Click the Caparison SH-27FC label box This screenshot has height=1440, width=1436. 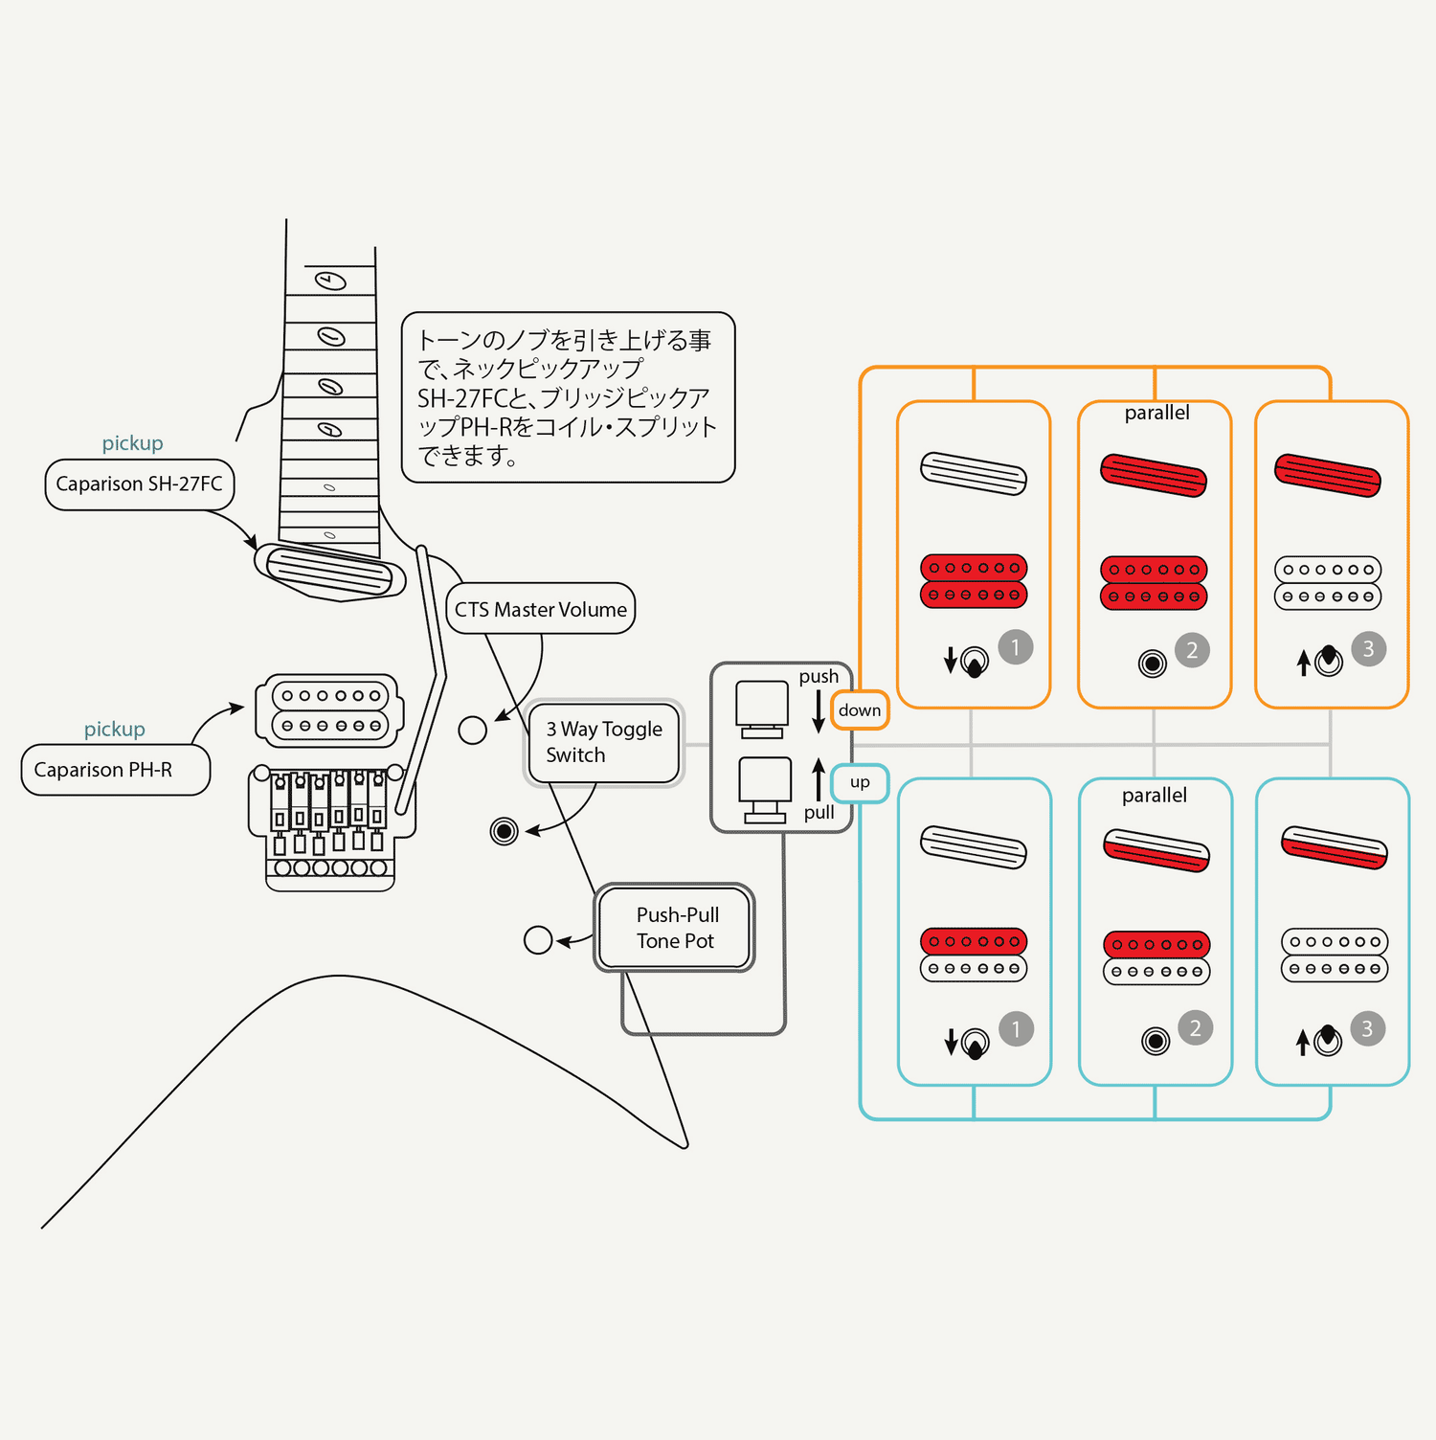140,484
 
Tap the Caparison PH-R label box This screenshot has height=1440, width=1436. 115,770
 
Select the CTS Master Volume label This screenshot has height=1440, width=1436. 541,609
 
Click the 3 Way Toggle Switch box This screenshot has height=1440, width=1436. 604,742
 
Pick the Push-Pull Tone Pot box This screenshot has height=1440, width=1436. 676,928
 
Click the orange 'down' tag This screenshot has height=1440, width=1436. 860,710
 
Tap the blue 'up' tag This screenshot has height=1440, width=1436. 860,782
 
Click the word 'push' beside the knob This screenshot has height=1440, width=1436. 819,676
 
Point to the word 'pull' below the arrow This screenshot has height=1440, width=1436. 819,813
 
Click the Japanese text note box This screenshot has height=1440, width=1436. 568,397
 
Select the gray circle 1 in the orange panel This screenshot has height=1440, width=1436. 1016,647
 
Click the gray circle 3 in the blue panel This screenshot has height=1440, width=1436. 1367,1028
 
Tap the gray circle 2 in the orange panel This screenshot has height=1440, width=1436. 1192,650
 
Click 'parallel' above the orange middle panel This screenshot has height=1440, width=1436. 1156,413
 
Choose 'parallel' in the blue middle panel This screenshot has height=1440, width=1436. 1155,796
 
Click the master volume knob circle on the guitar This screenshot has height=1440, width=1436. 473,731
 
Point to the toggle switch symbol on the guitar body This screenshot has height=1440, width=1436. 504,831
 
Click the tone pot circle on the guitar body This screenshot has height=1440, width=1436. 538,940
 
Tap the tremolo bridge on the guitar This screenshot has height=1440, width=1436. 330,828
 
